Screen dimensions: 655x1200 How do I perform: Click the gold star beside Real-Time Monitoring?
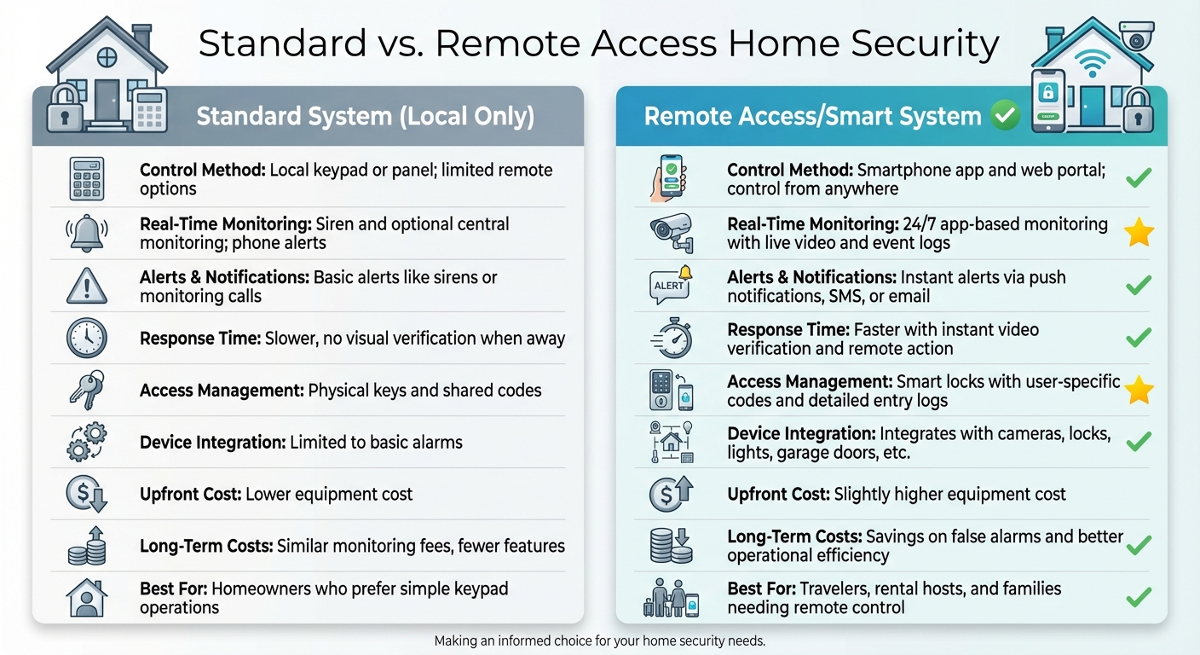(x=1139, y=233)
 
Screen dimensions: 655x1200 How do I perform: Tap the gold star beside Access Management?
(x=1139, y=390)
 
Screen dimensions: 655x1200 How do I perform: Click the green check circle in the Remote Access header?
(x=1006, y=116)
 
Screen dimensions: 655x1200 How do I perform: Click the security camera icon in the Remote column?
(x=672, y=232)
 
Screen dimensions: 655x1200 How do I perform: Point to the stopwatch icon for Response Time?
(x=672, y=338)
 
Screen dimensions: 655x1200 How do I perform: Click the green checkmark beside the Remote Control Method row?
(x=1139, y=177)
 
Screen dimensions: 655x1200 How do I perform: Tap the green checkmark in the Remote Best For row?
(x=1139, y=597)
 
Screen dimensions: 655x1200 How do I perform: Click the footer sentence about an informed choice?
(x=599, y=641)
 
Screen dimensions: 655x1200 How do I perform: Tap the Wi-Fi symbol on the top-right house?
(x=1092, y=63)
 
